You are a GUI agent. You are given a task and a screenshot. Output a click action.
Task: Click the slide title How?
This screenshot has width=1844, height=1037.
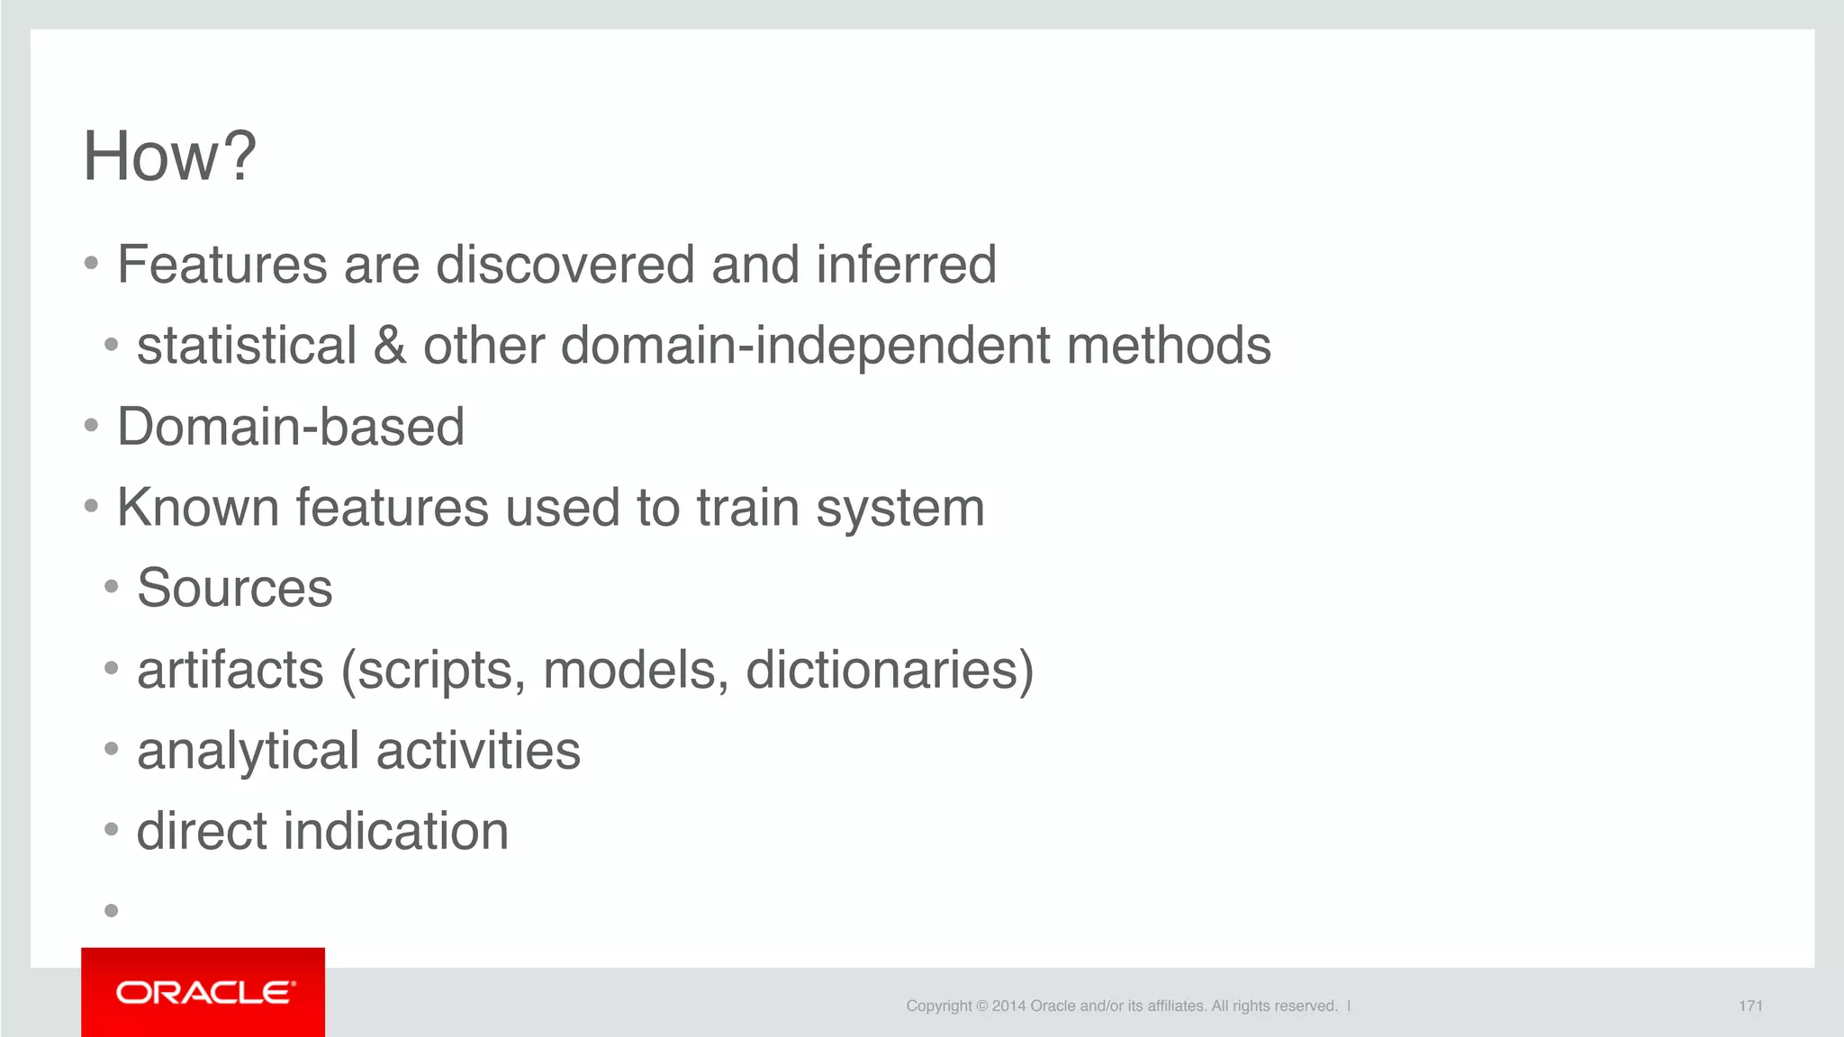click(169, 156)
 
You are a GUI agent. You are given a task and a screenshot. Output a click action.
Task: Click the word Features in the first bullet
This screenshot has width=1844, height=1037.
click(222, 265)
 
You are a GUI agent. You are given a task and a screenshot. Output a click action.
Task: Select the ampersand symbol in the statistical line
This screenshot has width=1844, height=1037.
click(390, 346)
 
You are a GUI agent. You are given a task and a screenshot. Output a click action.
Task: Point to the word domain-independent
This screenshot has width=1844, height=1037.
click(805, 346)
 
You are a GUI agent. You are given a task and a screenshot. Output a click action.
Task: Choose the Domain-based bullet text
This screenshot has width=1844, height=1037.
click(291, 427)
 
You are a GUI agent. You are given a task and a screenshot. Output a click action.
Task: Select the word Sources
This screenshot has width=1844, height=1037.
click(235, 589)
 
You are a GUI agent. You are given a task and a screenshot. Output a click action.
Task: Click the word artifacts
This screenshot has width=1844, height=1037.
click(230, 670)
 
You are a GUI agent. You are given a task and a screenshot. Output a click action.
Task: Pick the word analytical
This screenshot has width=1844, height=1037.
click(249, 751)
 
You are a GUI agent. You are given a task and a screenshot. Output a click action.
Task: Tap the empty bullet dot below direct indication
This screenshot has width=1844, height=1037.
click(112, 911)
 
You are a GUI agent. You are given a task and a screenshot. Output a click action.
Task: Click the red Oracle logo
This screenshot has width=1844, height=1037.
click(203, 992)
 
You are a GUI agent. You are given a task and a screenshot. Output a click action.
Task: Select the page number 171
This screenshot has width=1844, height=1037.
click(1750, 1006)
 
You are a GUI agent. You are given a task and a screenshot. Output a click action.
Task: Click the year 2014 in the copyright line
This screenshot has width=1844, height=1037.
click(1008, 1006)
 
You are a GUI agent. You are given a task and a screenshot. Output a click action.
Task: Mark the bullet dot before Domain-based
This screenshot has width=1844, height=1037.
click(91, 425)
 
